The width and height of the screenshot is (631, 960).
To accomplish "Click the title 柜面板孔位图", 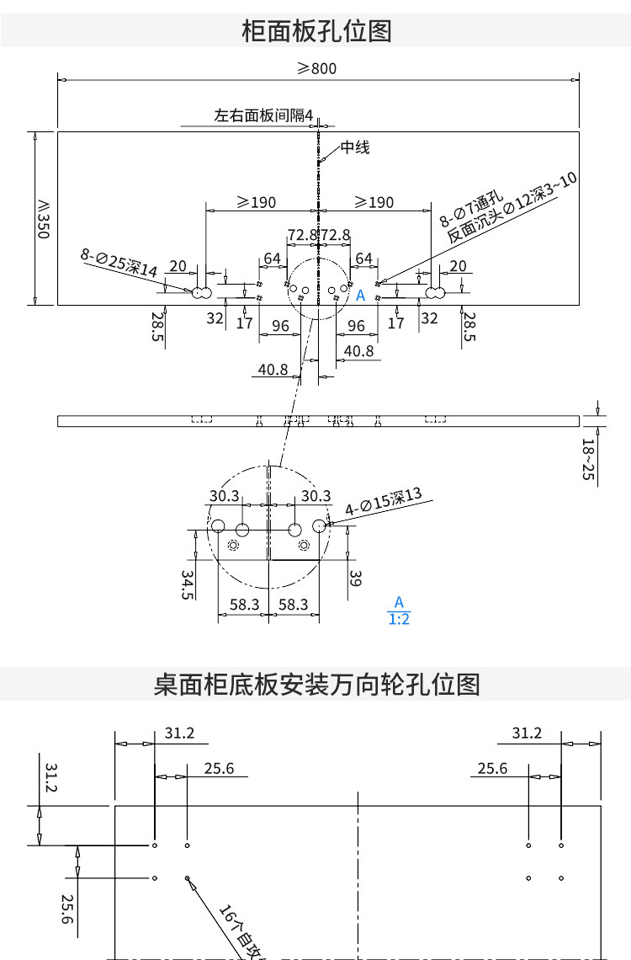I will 316,31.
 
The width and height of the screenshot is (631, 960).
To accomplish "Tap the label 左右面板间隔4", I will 263,115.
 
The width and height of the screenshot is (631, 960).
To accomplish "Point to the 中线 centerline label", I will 354,148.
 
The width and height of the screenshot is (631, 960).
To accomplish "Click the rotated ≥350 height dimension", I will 42,218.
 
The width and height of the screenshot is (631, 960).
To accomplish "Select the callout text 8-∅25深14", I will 119,263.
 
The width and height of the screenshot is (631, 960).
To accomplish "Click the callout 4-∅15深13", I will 384,502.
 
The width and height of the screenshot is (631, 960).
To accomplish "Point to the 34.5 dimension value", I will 188,584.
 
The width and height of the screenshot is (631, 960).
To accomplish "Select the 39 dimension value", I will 355,578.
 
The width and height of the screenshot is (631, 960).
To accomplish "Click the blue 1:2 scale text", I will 399,619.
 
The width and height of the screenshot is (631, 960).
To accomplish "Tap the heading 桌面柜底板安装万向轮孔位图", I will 316,684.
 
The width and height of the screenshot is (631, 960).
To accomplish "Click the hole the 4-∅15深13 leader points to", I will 319,525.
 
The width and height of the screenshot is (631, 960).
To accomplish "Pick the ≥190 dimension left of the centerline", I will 256,202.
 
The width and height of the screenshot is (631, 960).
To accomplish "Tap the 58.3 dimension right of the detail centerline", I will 293,604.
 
